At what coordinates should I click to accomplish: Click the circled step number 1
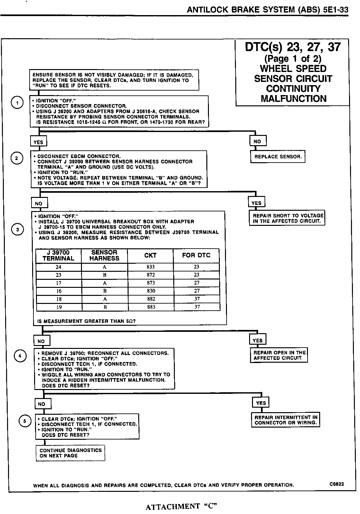17,103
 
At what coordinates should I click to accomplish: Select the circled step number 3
17,230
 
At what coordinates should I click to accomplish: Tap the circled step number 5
25,421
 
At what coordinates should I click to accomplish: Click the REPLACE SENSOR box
278,157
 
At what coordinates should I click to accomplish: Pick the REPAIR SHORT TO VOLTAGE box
287,218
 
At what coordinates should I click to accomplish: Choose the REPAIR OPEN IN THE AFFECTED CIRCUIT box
279,355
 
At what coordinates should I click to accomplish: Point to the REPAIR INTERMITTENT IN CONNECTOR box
286,420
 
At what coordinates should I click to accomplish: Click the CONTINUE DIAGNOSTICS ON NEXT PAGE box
70,453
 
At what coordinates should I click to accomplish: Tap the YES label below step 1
38,142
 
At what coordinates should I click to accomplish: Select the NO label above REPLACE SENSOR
257,141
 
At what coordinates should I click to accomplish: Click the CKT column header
150,256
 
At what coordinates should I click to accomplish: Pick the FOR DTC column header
196,255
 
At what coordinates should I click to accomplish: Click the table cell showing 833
150,267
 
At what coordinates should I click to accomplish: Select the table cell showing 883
151,307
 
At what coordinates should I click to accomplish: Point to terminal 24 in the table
59,267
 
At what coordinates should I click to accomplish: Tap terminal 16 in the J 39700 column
59,291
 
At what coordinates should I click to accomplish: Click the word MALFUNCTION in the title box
293,99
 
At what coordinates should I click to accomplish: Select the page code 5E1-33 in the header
335,10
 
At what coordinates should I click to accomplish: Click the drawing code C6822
337,484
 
